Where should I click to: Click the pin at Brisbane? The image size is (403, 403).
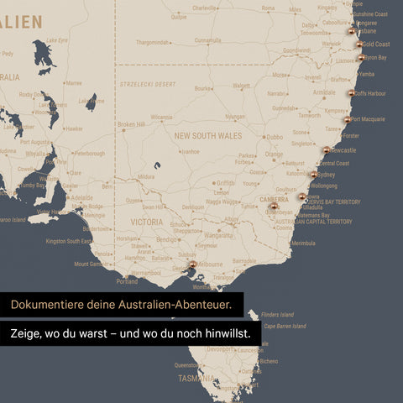coord(352,31)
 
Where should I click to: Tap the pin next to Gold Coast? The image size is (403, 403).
coord(359,44)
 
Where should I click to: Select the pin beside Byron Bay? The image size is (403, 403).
coord(360,58)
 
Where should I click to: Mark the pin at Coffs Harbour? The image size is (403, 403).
coord(351,93)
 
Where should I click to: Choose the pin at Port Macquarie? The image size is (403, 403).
coord(348,119)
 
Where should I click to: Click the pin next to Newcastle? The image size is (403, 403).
coord(327,150)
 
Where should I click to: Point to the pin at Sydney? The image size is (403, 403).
coord(314,175)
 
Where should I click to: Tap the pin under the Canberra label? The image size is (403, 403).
coord(274,206)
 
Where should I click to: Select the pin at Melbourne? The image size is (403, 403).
coord(192,264)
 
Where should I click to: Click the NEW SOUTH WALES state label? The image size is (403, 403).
coord(207,135)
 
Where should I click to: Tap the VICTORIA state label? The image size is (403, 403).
coord(147,222)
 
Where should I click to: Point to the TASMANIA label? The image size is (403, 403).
coord(196,378)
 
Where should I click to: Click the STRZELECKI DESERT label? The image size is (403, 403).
coord(148,84)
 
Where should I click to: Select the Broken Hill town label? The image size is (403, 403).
coord(132,124)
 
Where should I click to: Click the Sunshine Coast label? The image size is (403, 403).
coord(370,14)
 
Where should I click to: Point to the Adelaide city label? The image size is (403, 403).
coord(82,198)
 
